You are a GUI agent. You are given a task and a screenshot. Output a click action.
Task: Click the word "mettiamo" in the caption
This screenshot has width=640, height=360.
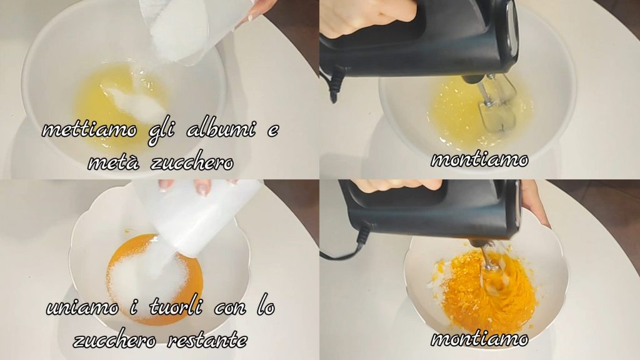(x=90, y=130)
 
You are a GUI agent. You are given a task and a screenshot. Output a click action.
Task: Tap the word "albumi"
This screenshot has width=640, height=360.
(x=221, y=129)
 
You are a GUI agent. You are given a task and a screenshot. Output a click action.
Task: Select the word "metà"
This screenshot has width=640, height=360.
(x=114, y=163)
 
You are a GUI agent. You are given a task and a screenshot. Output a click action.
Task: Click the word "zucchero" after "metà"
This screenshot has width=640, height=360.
(x=192, y=163)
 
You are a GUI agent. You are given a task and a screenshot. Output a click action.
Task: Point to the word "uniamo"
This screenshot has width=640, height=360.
(x=82, y=307)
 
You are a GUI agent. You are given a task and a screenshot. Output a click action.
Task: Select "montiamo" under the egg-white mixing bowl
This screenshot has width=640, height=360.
(x=479, y=159)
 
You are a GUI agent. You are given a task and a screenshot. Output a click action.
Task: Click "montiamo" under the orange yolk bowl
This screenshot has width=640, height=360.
(x=479, y=339)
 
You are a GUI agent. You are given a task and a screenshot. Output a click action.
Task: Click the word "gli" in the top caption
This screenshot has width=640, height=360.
(x=162, y=131)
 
